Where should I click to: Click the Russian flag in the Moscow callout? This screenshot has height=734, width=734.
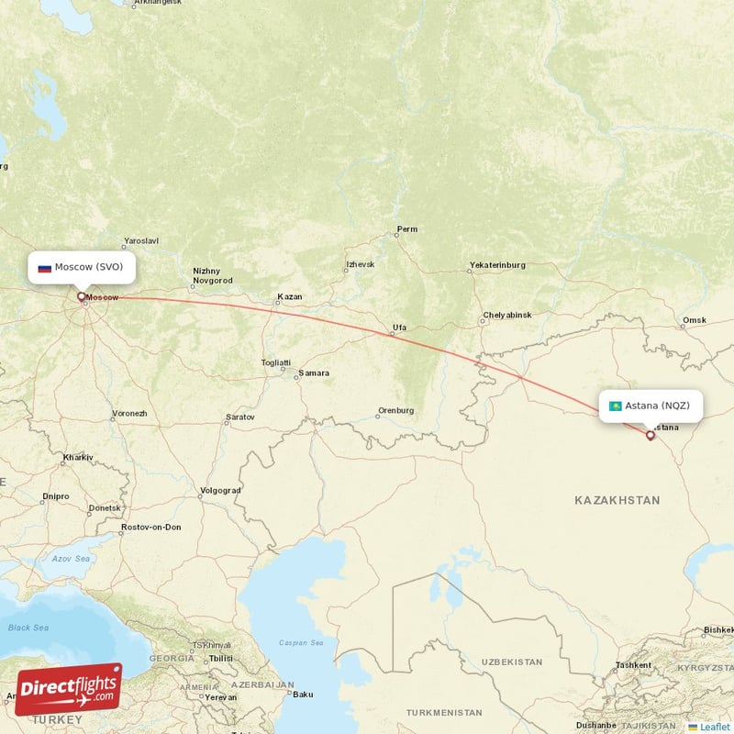coord(44,268)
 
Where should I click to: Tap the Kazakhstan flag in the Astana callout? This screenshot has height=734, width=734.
coord(615,406)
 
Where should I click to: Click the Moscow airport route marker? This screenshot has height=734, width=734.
coord(82,296)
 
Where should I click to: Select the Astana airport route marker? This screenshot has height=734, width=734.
coord(651,435)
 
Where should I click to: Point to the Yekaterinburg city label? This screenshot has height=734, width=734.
coord(496,265)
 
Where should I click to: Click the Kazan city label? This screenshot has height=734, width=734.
coord(290,297)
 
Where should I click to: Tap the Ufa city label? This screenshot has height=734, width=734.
coord(399,327)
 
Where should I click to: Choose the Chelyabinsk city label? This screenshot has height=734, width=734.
coord(506,315)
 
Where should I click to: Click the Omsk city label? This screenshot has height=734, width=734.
coord(695,320)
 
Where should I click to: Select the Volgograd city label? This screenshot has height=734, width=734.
coord(220,490)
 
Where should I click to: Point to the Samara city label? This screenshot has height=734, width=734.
coord(314,373)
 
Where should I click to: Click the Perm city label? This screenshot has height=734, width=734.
coord(406,228)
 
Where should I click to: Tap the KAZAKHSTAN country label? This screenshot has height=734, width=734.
coord(617,500)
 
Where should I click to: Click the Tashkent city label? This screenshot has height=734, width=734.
coord(633,664)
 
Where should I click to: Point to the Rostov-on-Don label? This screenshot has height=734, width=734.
coord(151,527)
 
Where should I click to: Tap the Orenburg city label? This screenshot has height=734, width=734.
coord(396,411)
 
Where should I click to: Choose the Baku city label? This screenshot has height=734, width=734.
coord(302,694)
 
